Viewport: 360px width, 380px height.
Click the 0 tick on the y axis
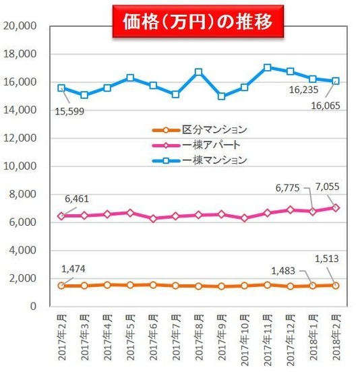[x=33, y=306]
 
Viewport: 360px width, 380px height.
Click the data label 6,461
[x=76, y=199]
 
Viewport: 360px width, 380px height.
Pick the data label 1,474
[x=73, y=270]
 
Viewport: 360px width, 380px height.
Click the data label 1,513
[x=333, y=259]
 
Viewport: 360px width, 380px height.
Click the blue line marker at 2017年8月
[x=199, y=71]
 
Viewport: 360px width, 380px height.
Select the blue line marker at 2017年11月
[x=268, y=67]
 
